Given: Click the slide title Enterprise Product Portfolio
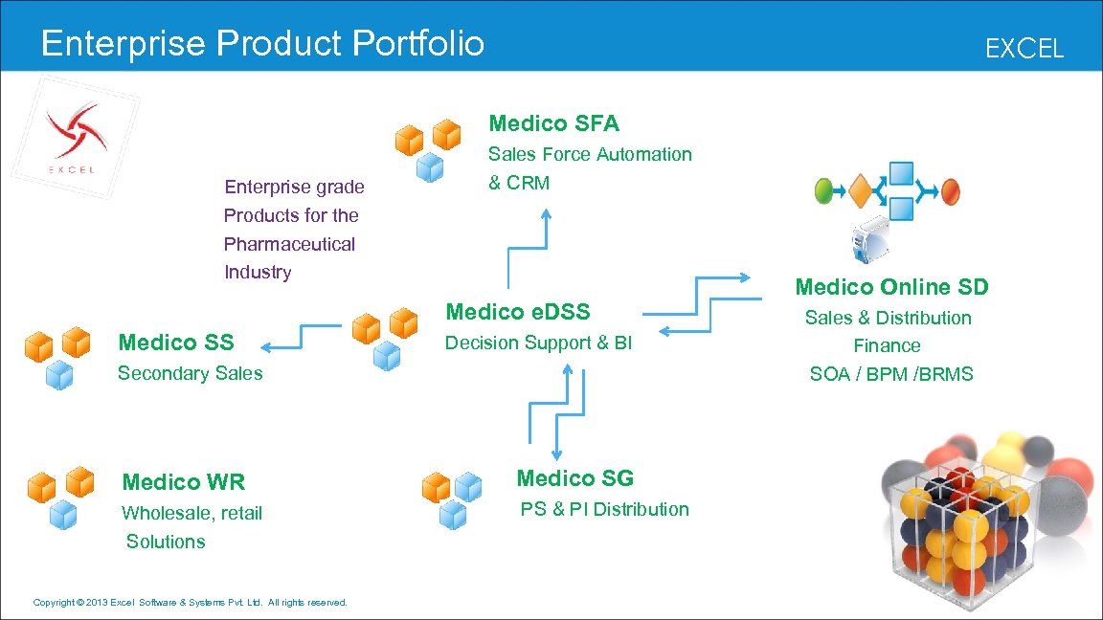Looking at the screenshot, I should [x=262, y=43].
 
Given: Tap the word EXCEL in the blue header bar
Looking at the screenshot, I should [x=1024, y=49].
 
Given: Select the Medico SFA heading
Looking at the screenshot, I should [x=553, y=123].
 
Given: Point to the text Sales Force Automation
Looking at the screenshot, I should [x=590, y=154].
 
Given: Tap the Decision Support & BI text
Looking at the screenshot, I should [x=539, y=343].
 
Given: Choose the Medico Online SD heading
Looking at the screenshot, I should [x=891, y=287].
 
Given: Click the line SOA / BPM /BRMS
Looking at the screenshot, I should [x=890, y=374].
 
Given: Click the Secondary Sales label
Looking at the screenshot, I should [x=190, y=373].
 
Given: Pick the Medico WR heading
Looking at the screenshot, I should [x=184, y=482].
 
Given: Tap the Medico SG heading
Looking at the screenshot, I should [x=574, y=478].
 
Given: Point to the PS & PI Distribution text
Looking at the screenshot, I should [x=604, y=509].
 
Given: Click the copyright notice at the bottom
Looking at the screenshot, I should [x=190, y=602].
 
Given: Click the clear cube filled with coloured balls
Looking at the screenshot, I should [x=948, y=536].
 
